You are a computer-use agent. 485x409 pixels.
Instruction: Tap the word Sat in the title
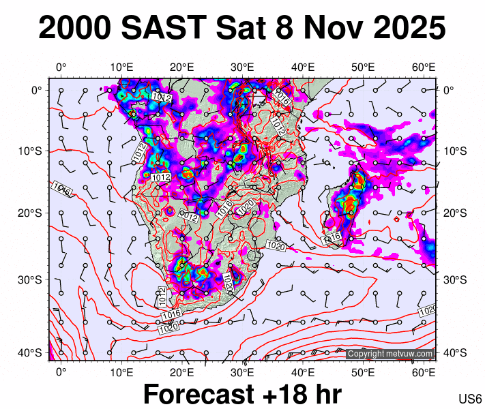click(x=242, y=29)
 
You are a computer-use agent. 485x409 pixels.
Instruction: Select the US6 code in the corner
click(x=471, y=398)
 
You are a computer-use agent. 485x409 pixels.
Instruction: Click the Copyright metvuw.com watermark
click(x=390, y=354)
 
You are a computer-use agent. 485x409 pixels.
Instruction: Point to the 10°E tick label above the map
click(x=121, y=67)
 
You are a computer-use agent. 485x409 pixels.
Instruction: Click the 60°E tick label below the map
click(x=424, y=372)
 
